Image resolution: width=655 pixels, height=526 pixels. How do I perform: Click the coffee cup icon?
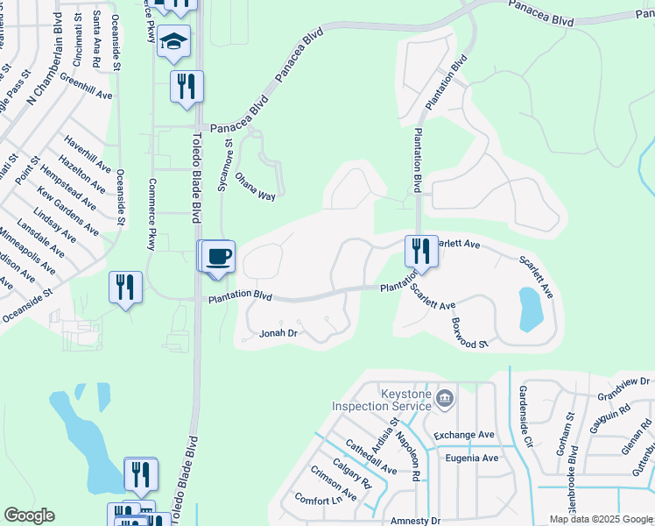219,256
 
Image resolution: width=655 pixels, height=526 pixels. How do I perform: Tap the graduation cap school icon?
173,41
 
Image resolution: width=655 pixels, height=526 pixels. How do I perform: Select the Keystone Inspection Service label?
382,401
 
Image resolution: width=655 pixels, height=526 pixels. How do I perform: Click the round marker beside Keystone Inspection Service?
446,400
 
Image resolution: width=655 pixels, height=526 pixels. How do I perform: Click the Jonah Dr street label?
279,333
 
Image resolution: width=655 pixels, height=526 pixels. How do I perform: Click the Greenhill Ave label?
87,89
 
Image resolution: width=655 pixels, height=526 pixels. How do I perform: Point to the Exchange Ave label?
464,435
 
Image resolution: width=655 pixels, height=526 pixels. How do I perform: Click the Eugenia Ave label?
472,458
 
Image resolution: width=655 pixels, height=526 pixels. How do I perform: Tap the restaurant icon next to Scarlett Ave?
421,252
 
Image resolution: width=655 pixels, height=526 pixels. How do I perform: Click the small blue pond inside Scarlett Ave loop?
531,309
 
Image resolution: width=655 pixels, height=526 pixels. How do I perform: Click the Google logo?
29,515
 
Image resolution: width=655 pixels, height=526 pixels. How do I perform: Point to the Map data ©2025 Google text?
600,520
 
